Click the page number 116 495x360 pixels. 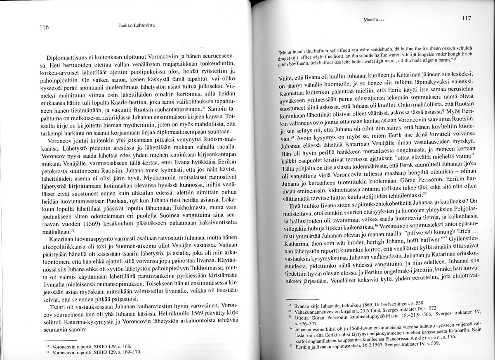44,28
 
